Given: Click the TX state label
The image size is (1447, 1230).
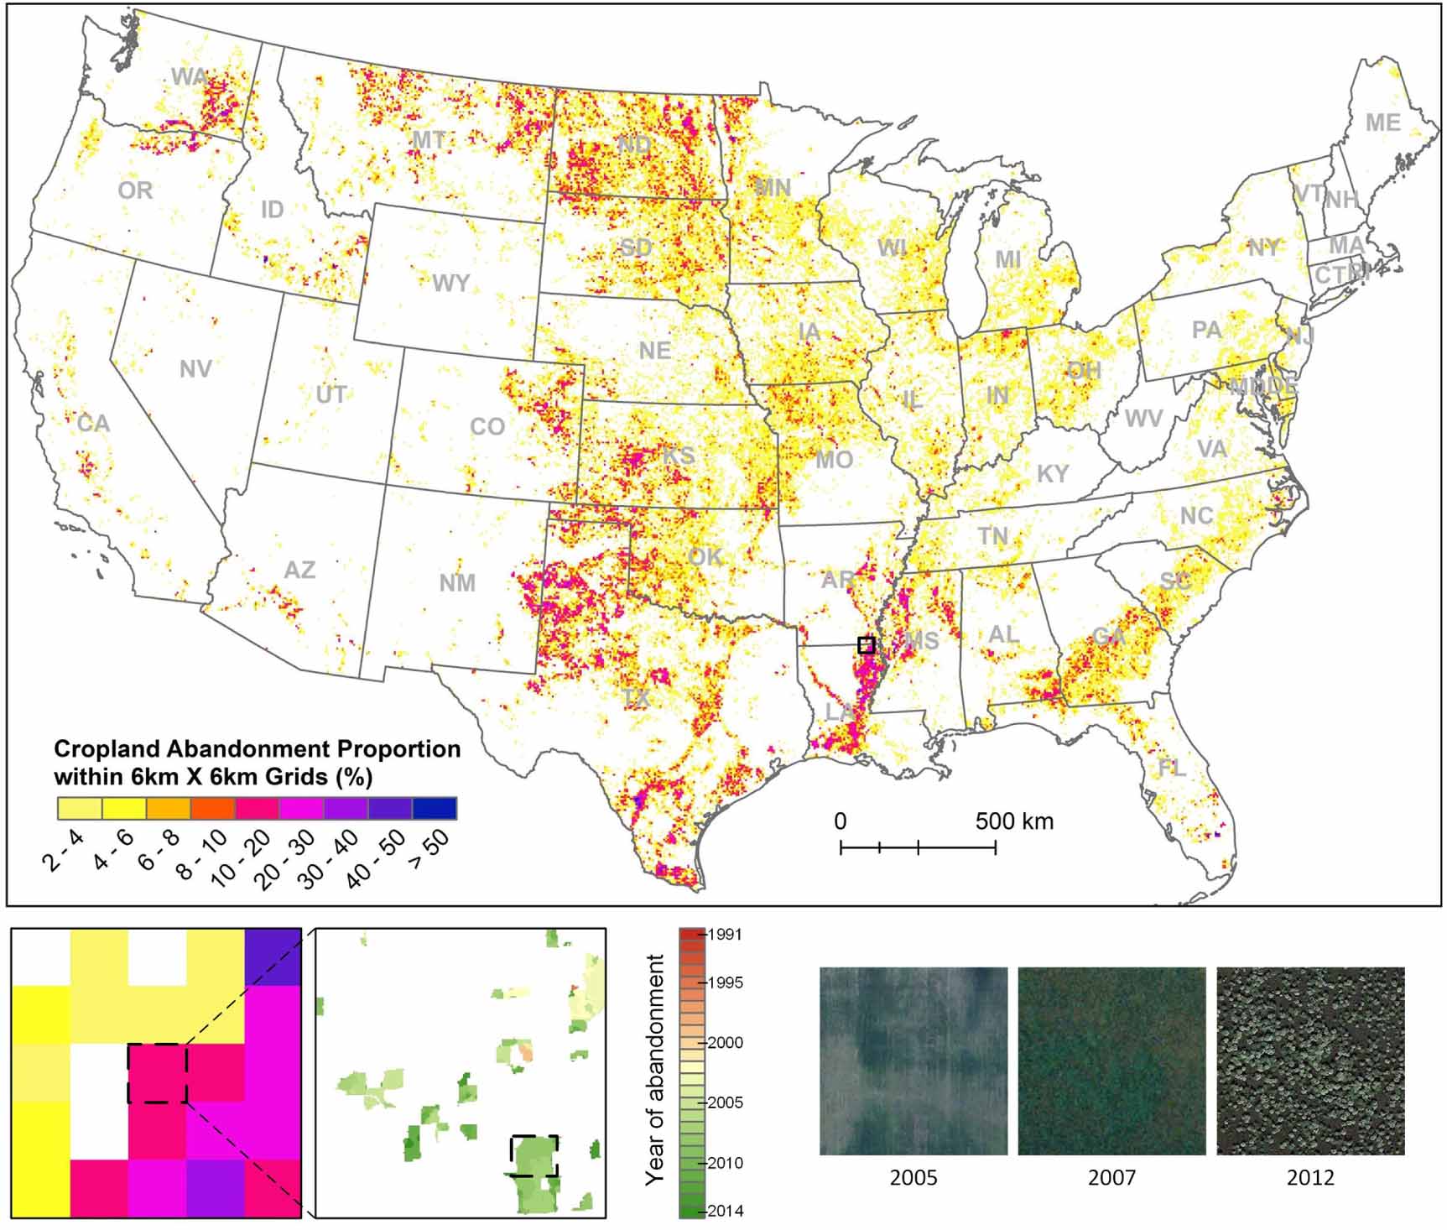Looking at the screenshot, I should [x=637, y=698].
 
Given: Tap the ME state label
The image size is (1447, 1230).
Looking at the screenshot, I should [x=1383, y=123].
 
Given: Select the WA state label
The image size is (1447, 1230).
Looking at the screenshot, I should [x=189, y=77].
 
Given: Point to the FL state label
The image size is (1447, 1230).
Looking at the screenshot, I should [x=1171, y=768].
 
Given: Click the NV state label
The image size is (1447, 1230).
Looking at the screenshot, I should [x=195, y=369].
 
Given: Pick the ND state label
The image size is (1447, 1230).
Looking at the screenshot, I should [x=635, y=145].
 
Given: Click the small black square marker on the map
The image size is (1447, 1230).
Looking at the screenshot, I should [x=867, y=644].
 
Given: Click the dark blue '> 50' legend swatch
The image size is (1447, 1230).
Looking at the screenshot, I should [x=435, y=808].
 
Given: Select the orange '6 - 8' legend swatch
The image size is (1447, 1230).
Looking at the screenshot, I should [x=168, y=808].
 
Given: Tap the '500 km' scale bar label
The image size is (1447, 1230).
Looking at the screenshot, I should [x=1014, y=821].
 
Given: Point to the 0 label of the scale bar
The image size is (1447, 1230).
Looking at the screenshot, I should [x=841, y=821].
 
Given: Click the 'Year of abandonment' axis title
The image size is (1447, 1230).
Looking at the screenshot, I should [x=655, y=1070].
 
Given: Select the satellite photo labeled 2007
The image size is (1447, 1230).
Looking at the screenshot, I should [x=1111, y=1061].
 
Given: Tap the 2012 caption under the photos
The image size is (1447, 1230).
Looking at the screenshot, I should [x=1310, y=1178].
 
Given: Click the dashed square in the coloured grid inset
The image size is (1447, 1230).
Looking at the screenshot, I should [x=158, y=1073].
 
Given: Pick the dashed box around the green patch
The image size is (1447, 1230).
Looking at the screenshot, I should [x=534, y=1156].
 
